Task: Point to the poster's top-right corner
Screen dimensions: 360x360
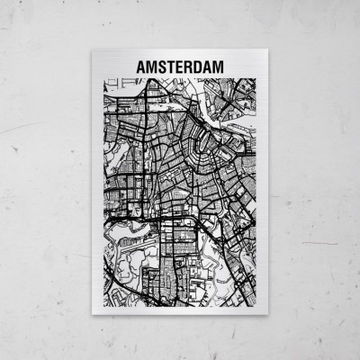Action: click(x=266, y=50)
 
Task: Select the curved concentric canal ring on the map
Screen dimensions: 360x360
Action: click(x=193, y=126)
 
